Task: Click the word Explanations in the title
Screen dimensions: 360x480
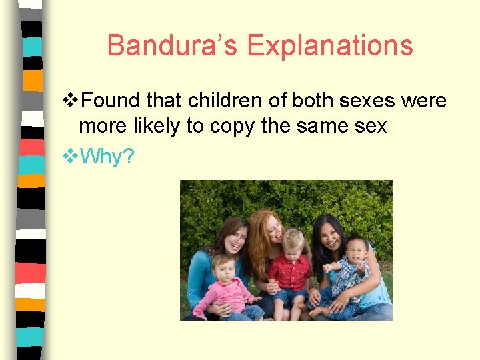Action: point(330,46)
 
